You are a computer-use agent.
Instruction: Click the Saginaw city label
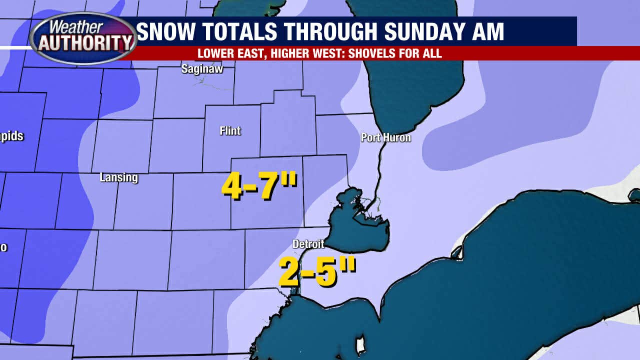tap(202, 69)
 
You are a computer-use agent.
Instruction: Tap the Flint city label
tap(230, 131)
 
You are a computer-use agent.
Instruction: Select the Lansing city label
tap(118, 177)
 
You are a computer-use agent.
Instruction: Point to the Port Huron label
tap(386, 137)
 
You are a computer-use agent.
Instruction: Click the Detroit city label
tap(308, 244)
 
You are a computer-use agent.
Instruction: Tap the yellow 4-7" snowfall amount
tap(259, 187)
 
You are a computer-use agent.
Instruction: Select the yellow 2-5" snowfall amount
tap(317, 271)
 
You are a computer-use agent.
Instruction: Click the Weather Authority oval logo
tap(83, 38)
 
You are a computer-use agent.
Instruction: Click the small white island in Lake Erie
tap(359, 345)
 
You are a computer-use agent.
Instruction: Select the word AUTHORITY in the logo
tap(83, 44)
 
